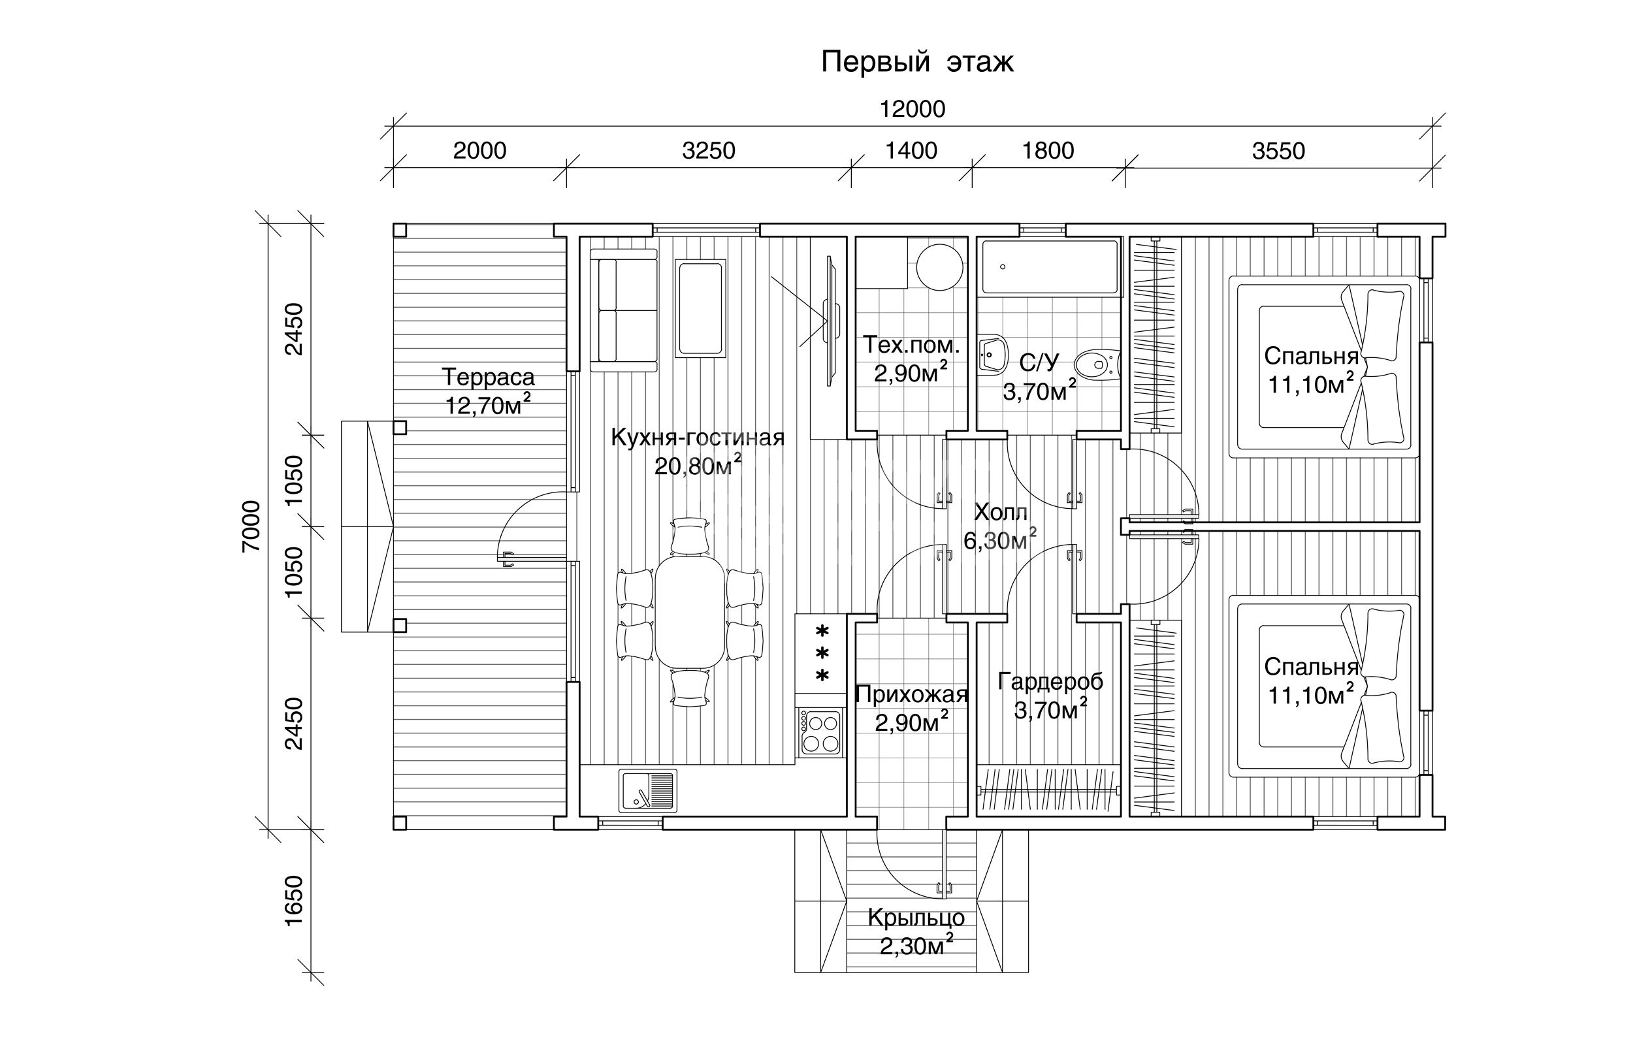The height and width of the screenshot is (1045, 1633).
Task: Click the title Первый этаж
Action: point(917,62)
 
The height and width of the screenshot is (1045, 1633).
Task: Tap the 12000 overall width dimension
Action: point(913,108)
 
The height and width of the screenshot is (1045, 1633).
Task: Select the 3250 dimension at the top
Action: point(708,150)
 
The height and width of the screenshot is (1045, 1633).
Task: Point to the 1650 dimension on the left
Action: point(293,901)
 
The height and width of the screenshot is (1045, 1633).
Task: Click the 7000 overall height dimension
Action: point(251,526)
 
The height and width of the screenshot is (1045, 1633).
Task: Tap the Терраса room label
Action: point(489,376)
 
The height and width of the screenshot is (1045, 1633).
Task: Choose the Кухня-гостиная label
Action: point(698,438)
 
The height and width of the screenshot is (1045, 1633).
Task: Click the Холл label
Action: point(1000,511)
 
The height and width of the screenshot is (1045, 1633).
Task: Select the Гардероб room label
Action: point(1050,681)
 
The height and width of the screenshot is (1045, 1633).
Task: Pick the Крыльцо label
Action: point(916,918)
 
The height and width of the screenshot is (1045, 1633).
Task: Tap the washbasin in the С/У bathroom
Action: point(992,354)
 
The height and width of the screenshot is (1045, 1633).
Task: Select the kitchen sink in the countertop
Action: point(648,790)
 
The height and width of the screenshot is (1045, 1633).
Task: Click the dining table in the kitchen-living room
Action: point(689,612)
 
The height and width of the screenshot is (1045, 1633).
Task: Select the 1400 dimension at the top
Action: point(911,150)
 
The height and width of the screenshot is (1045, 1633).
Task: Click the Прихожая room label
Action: point(911,694)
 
